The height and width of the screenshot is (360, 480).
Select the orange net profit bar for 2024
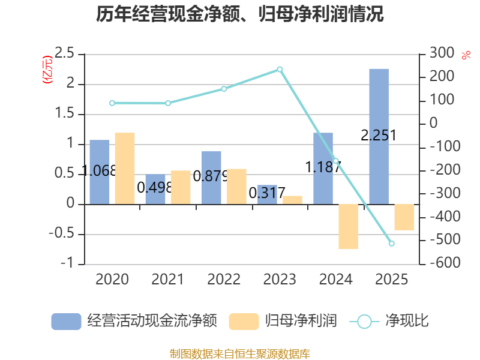click(348, 226)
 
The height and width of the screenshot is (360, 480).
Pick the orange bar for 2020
click(125, 168)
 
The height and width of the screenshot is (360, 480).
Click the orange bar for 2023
click(293, 200)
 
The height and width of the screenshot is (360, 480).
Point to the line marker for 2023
click(280, 70)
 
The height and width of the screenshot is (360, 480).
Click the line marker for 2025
click(391, 244)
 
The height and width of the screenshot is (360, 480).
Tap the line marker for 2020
click(112, 103)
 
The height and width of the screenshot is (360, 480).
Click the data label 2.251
click(379, 136)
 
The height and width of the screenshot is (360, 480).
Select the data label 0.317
click(267, 194)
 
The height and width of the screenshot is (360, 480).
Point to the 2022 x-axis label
click(224, 280)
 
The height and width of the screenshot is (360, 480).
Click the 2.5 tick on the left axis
click(64, 53)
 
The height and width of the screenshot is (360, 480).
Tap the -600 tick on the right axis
click(441, 263)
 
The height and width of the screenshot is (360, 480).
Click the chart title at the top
click(240, 14)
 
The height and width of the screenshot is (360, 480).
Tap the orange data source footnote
click(240, 353)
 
